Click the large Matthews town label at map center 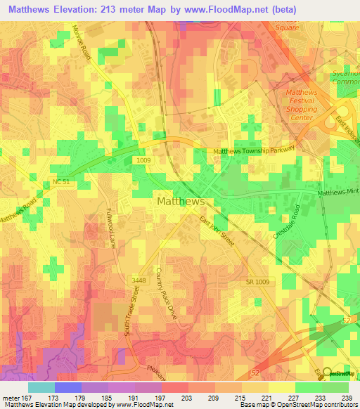point(179,201)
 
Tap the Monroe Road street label point(82,43)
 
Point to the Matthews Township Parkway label point(254,150)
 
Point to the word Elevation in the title point(75,9)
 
